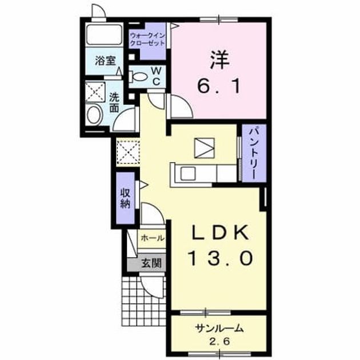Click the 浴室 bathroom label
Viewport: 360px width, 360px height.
(x=105, y=61)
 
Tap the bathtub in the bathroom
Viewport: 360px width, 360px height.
(x=105, y=34)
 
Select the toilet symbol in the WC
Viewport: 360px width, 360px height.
(x=138, y=77)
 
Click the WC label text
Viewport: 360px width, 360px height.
(x=156, y=76)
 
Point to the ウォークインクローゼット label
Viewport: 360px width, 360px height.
(x=147, y=39)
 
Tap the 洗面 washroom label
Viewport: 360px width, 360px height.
(x=114, y=102)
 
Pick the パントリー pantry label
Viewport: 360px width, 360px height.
(x=254, y=153)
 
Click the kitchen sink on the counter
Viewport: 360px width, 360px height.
(x=188, y=173)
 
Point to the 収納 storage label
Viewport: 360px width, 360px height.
(x=125, y=198)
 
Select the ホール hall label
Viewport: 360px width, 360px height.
(x=153, y=238)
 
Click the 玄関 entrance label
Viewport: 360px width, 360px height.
(x=151, y=263)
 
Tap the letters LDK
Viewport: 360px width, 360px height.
(x=221, y=233)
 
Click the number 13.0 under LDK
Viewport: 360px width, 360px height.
(x=221, y=258)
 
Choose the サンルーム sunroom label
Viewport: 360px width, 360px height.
(x=219, y=329)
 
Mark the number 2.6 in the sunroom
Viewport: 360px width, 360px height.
(x=219, y=342)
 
